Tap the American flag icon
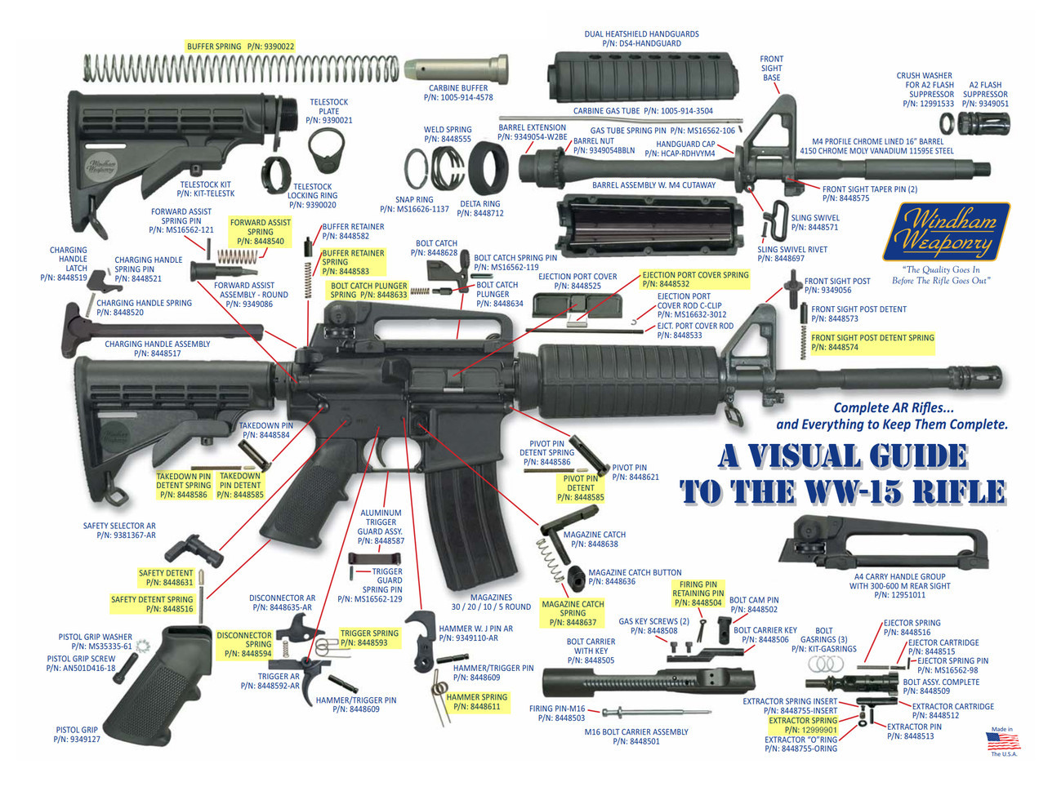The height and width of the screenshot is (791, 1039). click(x=1003, y=741)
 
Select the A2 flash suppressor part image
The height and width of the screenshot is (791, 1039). click(x=984, y=123)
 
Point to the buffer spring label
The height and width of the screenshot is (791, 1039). click(x=240, y=47)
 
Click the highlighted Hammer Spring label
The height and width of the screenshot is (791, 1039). click(x=476, y=702)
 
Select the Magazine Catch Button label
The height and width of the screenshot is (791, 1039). click(x=635, y=577)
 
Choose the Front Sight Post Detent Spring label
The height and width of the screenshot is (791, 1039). click(x=872, y=342)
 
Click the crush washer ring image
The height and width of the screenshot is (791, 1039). click(x=947, y=123)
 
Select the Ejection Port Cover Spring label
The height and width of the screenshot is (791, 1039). click(x=694, y=279)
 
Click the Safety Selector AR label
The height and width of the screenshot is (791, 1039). click(x=119, y=531)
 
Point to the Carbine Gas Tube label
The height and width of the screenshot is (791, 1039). click(x=642, y=111)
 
